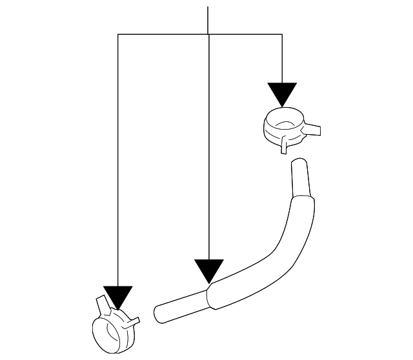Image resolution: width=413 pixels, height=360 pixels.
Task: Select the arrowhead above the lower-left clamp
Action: click(117, 297)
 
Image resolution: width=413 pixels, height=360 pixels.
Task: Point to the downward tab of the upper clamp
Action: click(284, 147)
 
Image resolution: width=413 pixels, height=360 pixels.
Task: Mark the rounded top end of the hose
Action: click(298, 163)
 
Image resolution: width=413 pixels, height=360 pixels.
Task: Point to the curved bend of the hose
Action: click(277, 248)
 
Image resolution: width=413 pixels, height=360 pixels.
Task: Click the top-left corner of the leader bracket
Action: click(117, 34)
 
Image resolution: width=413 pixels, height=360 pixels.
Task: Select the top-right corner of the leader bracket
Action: click(283, 34)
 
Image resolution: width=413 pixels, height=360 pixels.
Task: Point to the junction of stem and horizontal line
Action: click(208, 34)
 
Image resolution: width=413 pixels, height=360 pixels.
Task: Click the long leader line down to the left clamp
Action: click(117, 161)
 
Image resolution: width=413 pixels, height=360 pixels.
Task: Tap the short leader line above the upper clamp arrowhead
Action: click(283, 58)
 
